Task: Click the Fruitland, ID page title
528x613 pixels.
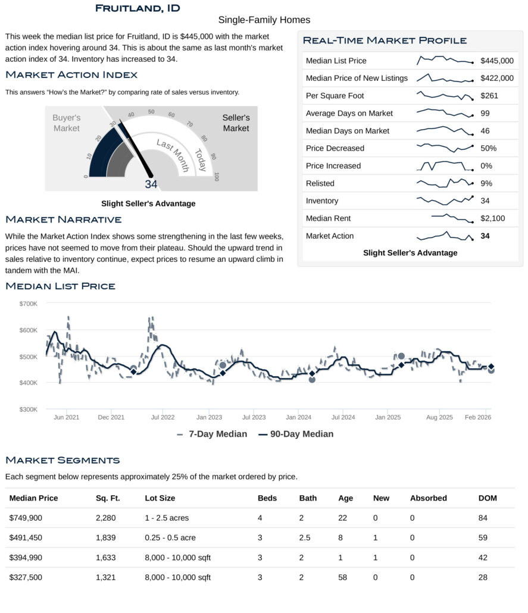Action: click(138, 8)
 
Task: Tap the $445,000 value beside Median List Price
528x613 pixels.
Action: click(496, 61)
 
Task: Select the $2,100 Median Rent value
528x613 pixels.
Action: click(492, 218)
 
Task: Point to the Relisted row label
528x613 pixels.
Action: click(320, 183)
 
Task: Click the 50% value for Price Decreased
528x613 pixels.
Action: click(488, 148)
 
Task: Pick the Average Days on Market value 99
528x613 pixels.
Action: click(485, 113)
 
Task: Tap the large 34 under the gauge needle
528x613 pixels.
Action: click(151, 184)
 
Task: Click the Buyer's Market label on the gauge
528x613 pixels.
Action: click(66, 123)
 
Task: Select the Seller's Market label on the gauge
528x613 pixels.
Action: click(236, 123)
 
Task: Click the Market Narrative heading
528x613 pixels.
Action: click(63, 220)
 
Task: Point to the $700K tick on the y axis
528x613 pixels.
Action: click(29, 304)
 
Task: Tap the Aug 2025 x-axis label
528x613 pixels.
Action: click(439, 418)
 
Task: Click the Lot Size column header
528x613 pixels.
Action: click(160, 498)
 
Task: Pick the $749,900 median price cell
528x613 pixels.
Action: click(26, 518)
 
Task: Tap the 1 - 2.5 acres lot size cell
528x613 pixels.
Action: click(167, 518)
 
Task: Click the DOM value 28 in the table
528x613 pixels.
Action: click(483, 577)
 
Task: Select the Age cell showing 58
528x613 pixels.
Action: click(342, 577)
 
